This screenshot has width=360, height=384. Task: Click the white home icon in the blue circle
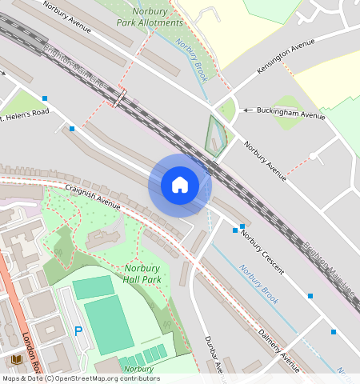point(180,185)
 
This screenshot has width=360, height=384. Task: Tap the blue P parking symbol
point(78,330)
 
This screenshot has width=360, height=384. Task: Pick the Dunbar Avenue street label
point(212,354)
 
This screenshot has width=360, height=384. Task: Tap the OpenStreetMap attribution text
point(80,378)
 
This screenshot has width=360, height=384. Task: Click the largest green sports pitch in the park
point(108,324)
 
